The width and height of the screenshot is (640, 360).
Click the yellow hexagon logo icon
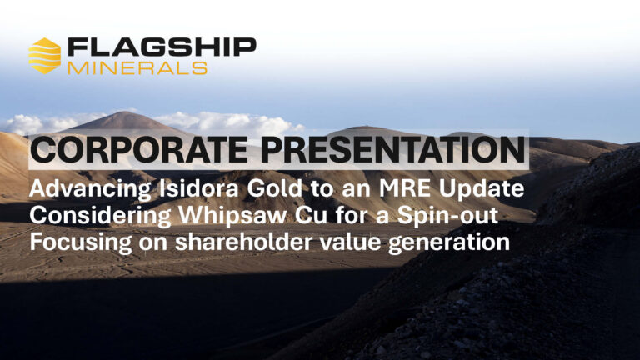pyautogui.click(x=44, y=56)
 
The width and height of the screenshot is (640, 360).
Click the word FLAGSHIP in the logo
pyautogui.click(x=162, y=47)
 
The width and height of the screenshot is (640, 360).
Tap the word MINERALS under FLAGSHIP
pyautogui.click(x=137, y=68)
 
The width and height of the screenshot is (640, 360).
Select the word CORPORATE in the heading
pyautogui.click(x=139, y=149)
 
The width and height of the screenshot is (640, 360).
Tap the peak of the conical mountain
pyautogui.click(x=121, y=112)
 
